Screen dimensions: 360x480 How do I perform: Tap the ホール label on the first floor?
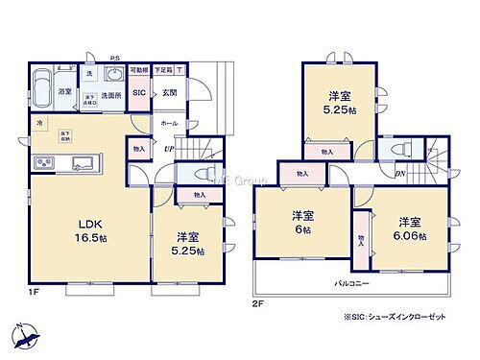(169, 123)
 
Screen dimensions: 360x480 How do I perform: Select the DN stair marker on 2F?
(399, 173)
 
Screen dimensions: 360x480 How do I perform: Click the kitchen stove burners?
(44, 160)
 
